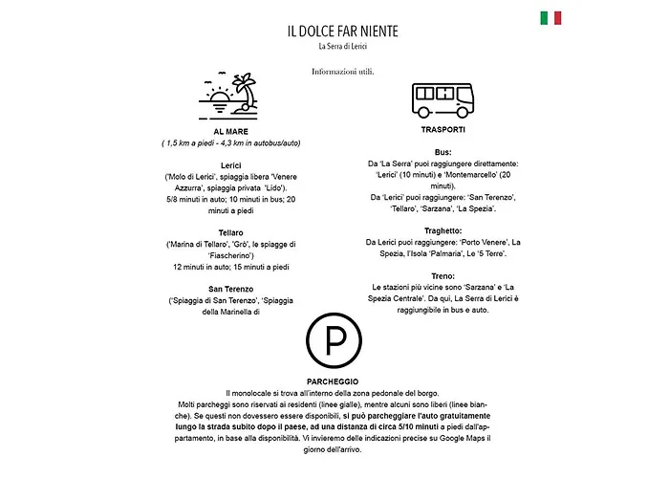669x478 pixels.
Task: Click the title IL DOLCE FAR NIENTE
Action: coord(342,31)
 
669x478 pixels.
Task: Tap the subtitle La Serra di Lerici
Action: coord(342,46)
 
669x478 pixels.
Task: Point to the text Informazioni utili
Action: coord(342,71)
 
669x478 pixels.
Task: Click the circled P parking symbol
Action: coord(334,340)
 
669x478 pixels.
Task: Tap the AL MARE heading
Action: coord(230,131)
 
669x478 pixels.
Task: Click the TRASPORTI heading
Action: coord(442,129)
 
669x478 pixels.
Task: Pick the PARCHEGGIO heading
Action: coord(334,380)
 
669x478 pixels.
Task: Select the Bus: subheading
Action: coord(442,151)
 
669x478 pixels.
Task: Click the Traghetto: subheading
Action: coord(442,230)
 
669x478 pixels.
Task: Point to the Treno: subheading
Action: coord(442,275)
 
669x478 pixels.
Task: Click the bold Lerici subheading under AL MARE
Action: coord(230,165)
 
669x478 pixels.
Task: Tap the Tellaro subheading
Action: coord(230,232)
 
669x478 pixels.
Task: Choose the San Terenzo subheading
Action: coord(230,288)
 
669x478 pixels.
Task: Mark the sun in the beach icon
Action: coord(220,96)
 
